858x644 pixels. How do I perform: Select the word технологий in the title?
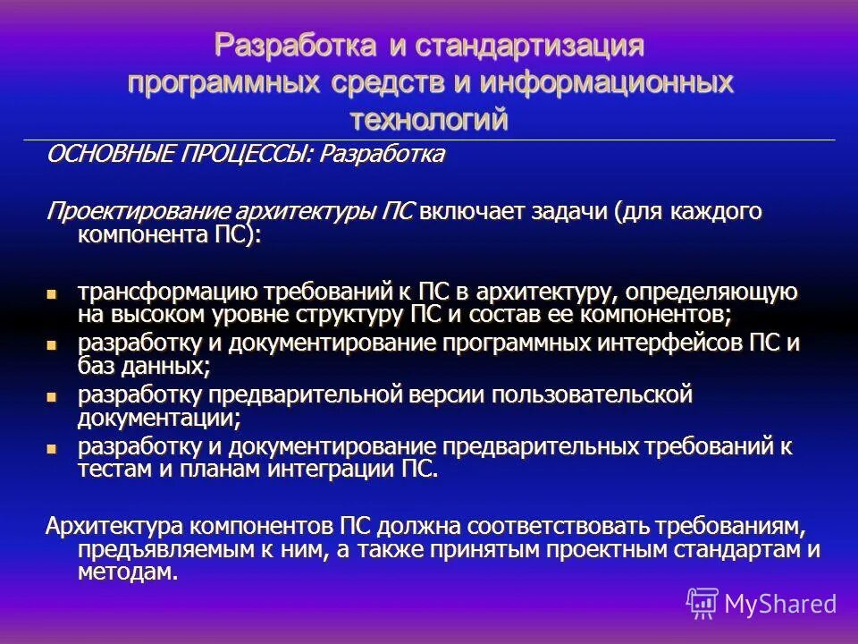(x=429, y=119)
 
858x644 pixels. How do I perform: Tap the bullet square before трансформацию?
(x=52, y=292)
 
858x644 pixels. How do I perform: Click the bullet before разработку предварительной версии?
(x=52, y=394)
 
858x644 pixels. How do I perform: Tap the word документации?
(x=159, y=417)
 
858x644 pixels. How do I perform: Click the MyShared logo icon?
(x=702, y=604)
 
